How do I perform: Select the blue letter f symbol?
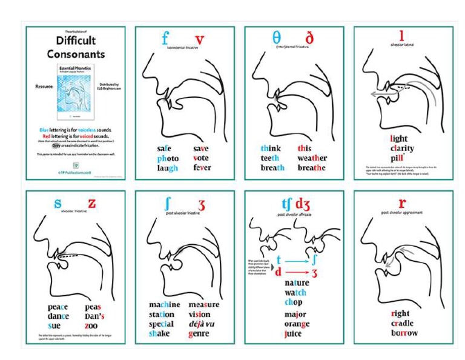165,40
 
